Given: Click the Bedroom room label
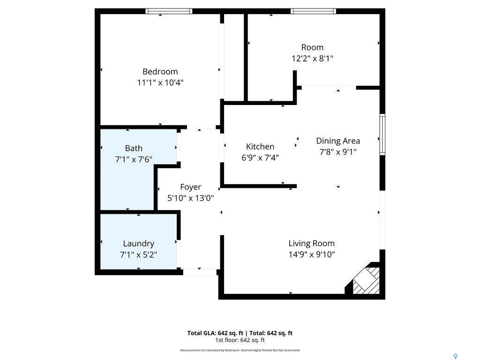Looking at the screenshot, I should click(160, 72).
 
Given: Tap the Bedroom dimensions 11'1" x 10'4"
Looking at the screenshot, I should click(160, 82).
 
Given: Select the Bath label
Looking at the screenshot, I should click(134, 149).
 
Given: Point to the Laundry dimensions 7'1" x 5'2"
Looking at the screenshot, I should click(138, 255).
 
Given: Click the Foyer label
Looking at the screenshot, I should click(190, 187).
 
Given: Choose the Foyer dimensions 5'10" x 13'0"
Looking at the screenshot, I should click(190, 198).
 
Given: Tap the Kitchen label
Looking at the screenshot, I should click(260, 147).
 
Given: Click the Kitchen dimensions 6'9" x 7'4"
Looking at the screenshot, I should click(260, 157).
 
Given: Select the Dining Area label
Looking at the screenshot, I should click(338, 141).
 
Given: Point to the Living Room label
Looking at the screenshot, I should click(311, 243).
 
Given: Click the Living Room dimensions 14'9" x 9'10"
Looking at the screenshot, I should click(311, 255).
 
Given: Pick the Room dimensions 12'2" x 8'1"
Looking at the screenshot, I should click(312, 58).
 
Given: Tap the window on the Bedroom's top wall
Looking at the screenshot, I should click(169, 11).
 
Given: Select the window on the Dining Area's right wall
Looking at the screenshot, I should click(382, 135).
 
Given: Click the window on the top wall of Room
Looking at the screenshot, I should click(313, 11).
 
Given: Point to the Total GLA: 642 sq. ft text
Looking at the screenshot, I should click(214, 333).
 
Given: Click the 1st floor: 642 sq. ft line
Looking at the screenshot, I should click(240, 340).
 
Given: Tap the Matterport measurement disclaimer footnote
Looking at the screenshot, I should click(240, 350).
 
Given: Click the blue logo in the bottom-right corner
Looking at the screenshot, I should click(455, 357).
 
